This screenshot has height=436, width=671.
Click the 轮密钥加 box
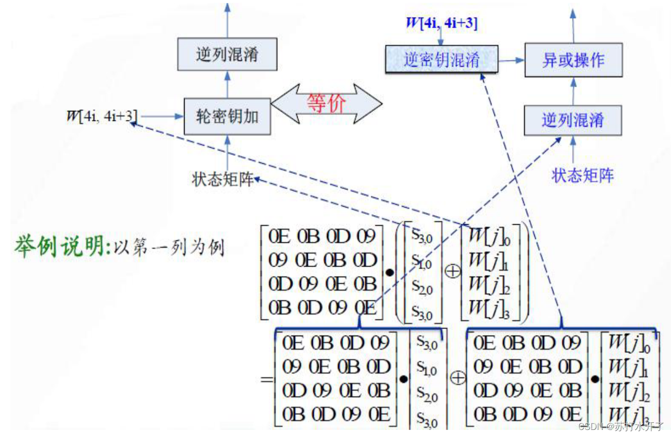(x=227, y=117)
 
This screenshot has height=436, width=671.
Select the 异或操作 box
(x=573, y=60)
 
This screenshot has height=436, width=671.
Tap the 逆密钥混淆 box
(x=441, y=59)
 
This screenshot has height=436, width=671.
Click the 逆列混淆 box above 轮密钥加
(x=227, y=54)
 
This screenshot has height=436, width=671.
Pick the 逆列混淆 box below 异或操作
(x=573, y=120)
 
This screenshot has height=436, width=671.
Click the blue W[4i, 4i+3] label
(x=441, y=23)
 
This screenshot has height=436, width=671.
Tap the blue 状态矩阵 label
(x=583, y=175)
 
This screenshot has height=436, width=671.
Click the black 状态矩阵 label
(x=222, y=179)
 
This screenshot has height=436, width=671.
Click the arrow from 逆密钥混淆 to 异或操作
(x=511, y=60)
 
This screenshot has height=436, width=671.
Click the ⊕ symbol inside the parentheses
(x=452, y=271)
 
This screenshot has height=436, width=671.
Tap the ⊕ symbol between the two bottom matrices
(x=457, y=378)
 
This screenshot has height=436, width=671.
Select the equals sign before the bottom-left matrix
(x=267, y=379)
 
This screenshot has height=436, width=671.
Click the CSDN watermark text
(x=622, y=427)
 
